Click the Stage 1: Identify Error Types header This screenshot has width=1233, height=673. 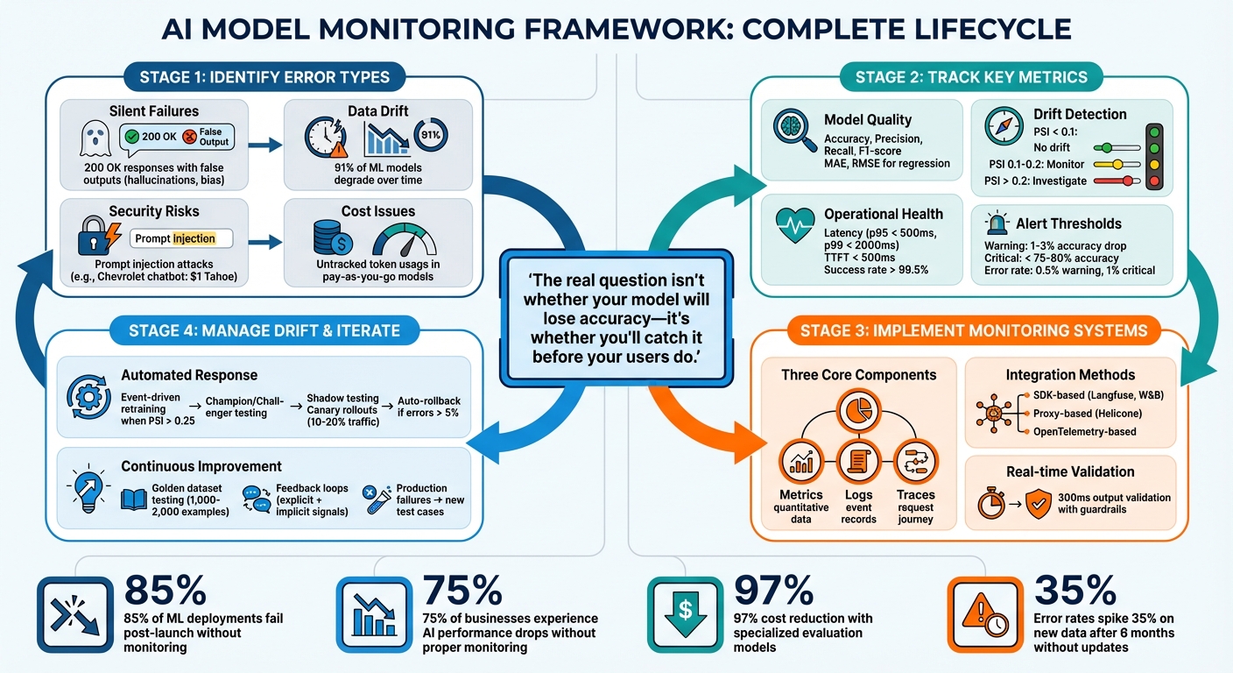coord(264,77)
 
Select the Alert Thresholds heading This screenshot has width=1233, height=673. coord(1068,223)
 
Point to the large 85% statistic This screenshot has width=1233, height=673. coord(166,592)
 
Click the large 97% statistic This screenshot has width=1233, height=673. coord(773,592)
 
